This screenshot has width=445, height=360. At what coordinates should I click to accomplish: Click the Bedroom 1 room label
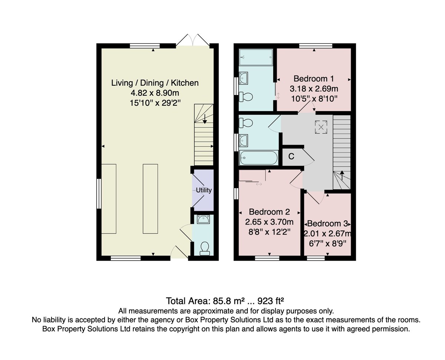click(314, 79)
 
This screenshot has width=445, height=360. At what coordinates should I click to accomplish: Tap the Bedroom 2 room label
click(269, 212)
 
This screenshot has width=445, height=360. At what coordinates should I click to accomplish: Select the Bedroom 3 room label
click(327, 224)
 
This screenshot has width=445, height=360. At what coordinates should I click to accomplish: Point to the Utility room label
click(204, 190)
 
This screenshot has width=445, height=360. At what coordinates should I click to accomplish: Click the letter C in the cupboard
click(291, 156)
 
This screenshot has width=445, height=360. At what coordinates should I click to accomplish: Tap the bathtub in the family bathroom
click(259, 158)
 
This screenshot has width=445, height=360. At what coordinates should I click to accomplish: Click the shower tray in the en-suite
click(256, 57)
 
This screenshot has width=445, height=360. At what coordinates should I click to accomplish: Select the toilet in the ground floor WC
click(205, 249)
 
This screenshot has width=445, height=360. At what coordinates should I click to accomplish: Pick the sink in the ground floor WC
click(203, 219)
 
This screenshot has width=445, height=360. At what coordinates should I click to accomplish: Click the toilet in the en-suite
click(246, 97)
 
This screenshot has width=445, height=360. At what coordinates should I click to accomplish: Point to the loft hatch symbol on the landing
click(321, 127)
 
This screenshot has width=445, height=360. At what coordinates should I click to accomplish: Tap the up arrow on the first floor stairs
click(342, 175)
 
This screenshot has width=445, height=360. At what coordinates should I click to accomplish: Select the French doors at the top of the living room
click(192, 40)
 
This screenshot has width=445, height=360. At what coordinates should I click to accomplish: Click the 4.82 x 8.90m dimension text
click(155, 93)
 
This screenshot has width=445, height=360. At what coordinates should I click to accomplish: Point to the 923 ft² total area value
click(271, 301)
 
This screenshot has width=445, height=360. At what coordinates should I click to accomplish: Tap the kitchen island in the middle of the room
click(150, 199)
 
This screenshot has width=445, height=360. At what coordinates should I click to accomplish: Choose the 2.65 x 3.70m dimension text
click(269, 222)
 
